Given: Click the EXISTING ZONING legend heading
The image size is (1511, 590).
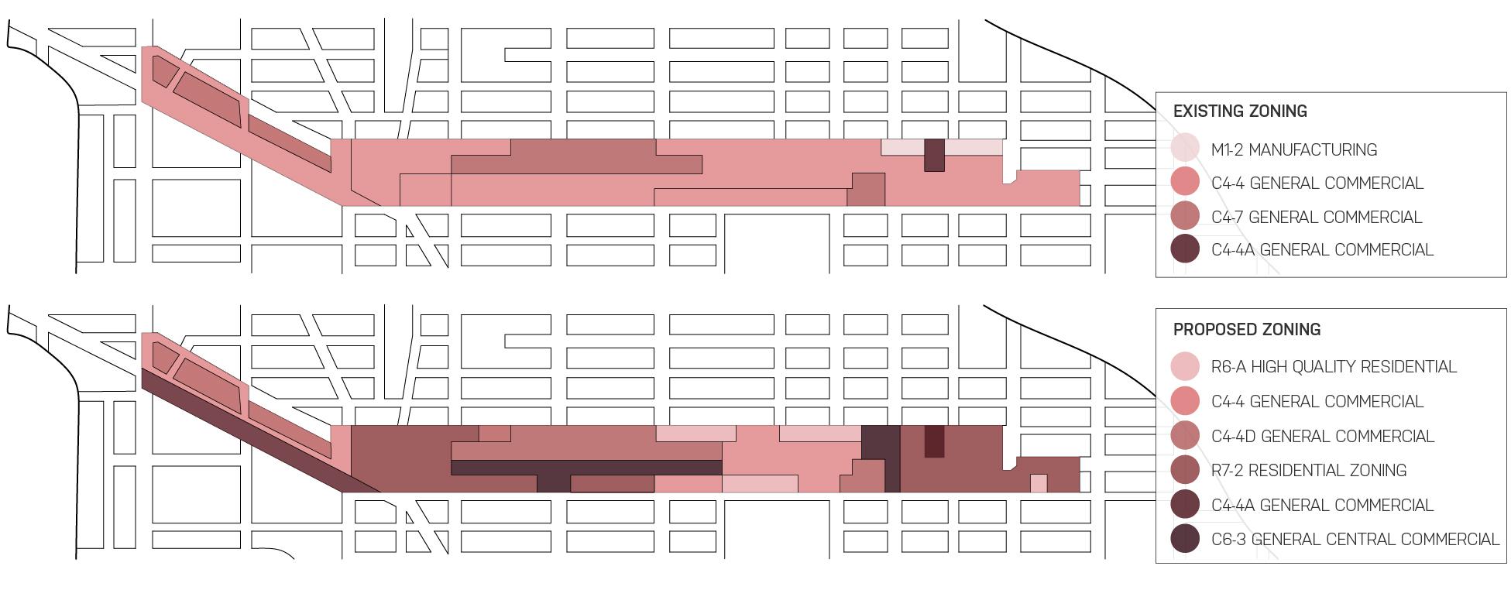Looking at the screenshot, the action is [1240, 111].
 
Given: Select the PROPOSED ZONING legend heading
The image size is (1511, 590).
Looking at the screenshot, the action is [1246, 330].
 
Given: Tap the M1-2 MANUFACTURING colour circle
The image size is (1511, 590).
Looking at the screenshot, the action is [1185, 149].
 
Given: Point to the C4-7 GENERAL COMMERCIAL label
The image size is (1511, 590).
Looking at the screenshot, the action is [1316, 217].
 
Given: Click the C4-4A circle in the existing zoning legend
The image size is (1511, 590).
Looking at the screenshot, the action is [1185, 249].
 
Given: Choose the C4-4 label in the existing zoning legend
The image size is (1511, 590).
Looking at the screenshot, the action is [1317, 184].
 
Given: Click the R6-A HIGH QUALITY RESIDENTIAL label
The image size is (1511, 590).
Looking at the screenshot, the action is [1334, 367].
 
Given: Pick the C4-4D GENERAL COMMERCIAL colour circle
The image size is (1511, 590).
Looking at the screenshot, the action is [1185, 436].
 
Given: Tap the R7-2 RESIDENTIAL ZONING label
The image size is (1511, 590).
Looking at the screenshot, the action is [1309, 471].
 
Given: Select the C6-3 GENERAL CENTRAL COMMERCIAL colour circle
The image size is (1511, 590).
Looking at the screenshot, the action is [1185, 539].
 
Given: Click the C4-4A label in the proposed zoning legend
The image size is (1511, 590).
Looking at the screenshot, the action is [1322, 506].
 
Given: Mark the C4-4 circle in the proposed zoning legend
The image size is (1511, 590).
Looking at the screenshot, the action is [1185, 401].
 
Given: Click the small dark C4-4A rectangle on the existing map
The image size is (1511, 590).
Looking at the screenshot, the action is [935, 155].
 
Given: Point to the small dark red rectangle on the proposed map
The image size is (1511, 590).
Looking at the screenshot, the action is [934, 441].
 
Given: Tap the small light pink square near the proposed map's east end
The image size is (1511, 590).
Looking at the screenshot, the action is [1039, 483].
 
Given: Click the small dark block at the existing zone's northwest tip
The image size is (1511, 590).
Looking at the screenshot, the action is [164, 70].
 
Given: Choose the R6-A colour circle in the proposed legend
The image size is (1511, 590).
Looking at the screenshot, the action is [1185, 366].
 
